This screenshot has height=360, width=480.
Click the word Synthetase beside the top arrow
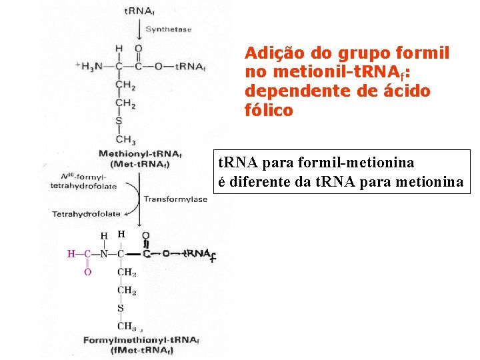click(x=168, y=29)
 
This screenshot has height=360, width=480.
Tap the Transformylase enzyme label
click(x=169, y=199)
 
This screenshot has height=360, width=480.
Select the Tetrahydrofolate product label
click(x=86, y=214)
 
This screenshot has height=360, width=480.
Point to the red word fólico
click(x=269, y=110)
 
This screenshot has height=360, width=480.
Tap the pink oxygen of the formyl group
click(x=86, y=271)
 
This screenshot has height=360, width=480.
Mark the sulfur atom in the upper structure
click(x=119, y=121)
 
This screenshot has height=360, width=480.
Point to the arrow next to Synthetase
click(x=139, y=30)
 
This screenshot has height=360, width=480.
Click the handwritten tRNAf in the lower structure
click(x=201, y=254)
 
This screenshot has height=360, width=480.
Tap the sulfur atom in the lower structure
click(x=121, y=308)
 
